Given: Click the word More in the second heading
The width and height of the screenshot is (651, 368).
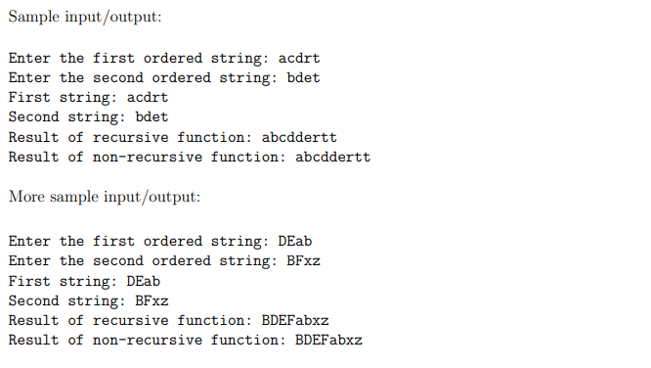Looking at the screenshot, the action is [x=26, y=197].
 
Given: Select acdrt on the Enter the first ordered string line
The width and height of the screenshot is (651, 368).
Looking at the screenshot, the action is [x=299, y=59].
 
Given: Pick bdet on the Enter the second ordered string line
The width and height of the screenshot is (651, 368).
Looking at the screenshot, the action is [x=303, y=78].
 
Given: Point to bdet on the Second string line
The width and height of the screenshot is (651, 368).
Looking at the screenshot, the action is [x=152, y=117].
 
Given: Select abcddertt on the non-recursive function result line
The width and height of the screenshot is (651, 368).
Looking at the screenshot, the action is [x=332, y=157].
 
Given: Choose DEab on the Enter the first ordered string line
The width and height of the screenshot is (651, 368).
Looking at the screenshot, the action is [x=295, y=242].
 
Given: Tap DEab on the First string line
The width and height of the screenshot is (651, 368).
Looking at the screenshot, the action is [x=144, y=281].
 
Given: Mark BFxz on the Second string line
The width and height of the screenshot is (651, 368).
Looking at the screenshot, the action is [x=152, y=300].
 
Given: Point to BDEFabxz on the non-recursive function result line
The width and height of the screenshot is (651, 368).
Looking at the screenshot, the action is [x=328, y=340].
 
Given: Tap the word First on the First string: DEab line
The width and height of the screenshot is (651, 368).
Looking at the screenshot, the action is [x=29, y=281].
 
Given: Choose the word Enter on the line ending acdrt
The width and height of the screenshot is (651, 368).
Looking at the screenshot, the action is [x=29, y=59].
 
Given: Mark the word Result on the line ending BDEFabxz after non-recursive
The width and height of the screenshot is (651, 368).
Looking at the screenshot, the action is [x=33, y=340].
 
